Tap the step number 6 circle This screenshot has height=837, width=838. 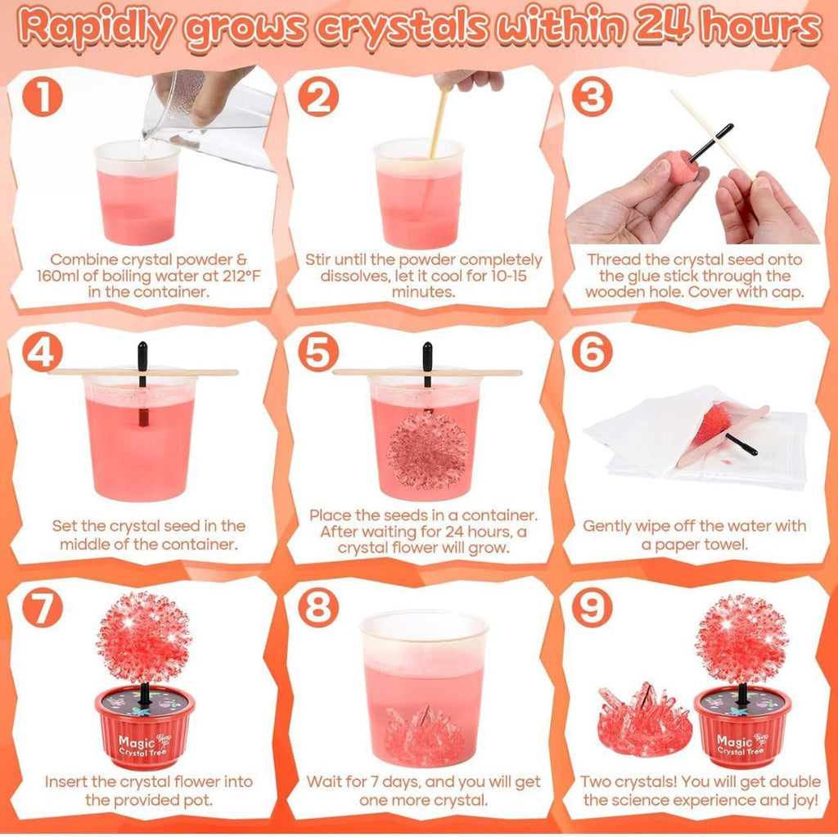coord(592,353)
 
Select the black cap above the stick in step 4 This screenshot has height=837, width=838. coord(142,354)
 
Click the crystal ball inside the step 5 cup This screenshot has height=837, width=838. coord(427,450)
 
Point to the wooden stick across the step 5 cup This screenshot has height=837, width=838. coord(427,372)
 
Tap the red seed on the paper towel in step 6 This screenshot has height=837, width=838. coord(713,425)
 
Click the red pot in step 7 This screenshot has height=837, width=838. coord(145,727)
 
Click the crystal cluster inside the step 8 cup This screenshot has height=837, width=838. coord(425,735)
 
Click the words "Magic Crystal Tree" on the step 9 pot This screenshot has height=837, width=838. coord(742,745)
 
